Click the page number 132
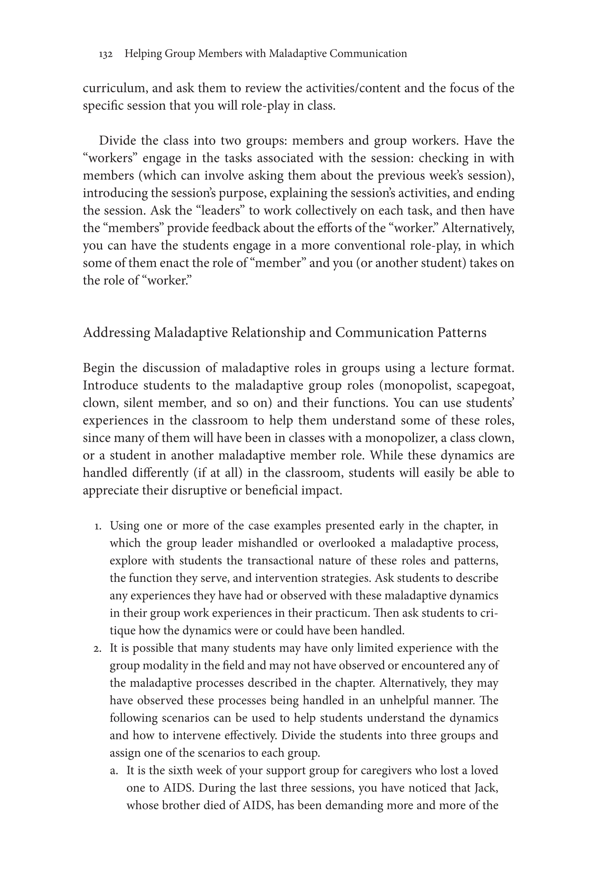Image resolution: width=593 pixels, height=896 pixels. pyautogui.click(x=106, y=55)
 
